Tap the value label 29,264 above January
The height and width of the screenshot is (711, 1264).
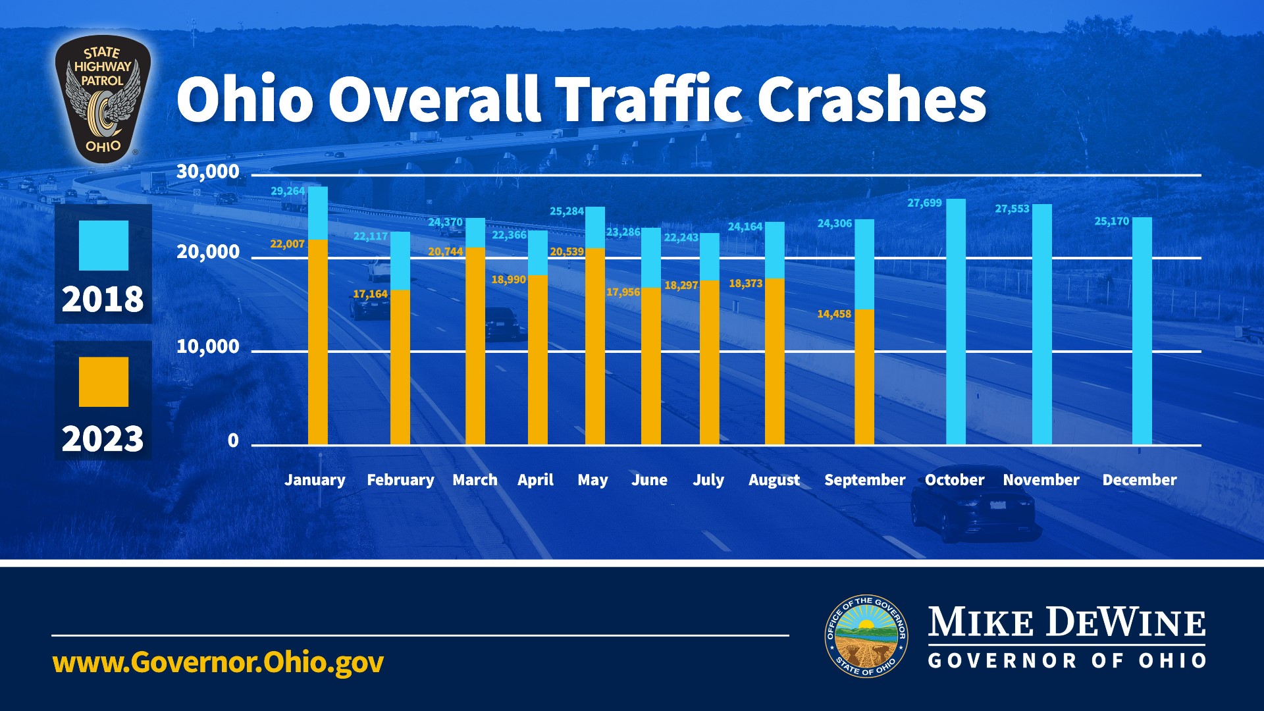tap(288, 192)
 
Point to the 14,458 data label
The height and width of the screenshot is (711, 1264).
tap(834, 314)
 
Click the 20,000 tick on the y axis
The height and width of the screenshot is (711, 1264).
tap(208, 252)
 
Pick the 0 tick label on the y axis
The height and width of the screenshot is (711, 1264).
tap(233, 440)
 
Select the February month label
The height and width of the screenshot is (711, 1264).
tap(400, 480)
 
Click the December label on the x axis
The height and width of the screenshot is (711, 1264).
tap(1139, 480)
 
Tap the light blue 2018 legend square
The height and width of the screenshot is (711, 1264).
tap(103, 246)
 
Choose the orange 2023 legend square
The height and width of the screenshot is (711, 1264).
tap(103, 382)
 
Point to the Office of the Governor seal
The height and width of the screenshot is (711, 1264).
tap(866, 636)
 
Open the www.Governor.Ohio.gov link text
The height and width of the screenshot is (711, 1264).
tap(218, 662)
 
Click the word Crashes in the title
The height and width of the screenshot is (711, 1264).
tap(872, 99)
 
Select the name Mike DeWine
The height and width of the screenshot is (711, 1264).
tap(1066, 622)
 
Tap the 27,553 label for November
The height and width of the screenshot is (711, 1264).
tap(1011, 209)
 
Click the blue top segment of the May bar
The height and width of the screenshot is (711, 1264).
tap(594, 227)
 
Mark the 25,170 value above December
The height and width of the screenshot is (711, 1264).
tap(1111, 221)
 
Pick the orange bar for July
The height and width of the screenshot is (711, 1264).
tap(709, 362)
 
